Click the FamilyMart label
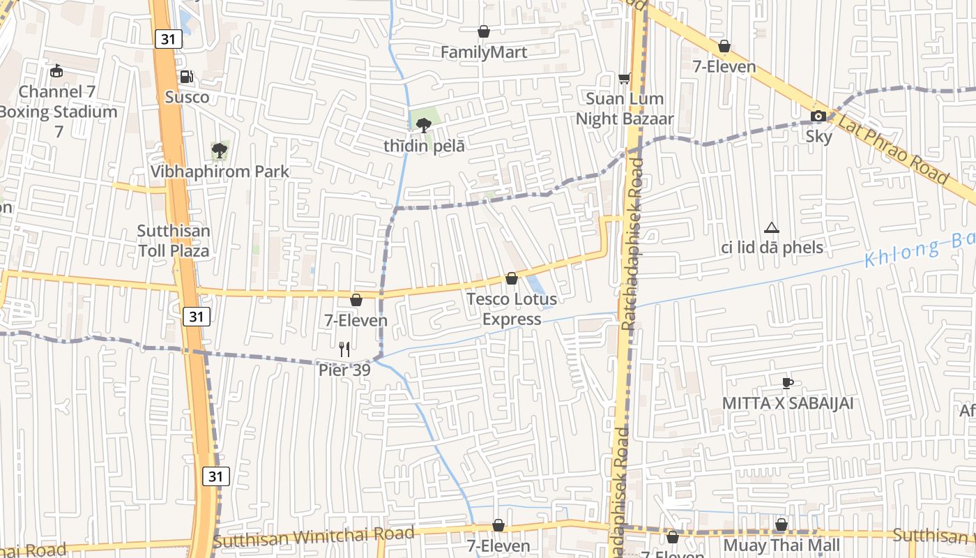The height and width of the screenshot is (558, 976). click(x=483, y=52)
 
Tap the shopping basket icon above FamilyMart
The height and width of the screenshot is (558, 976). click(x=483, y=31)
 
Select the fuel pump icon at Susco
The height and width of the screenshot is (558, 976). click(x=186, y=77)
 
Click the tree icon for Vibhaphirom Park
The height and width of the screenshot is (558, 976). click(x=220, y=149)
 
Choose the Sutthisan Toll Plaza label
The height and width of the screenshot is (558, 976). click(x=174, y=241)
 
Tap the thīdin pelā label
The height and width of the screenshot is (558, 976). click(x=424, y=146)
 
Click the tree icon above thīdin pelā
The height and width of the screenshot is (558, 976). click(x=422, y=126)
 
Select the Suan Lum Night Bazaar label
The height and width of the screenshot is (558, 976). click(x=625, y=109)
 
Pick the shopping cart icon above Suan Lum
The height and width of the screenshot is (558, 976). click(x=624, y=78)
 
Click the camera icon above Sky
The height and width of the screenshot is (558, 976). click(x=818, y=116)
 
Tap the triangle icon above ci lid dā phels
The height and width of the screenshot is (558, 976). click(x=771, y=227)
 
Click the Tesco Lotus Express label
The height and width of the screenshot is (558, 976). click(x=512, y=309)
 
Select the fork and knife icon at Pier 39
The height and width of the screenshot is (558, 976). click(x=344, y=349)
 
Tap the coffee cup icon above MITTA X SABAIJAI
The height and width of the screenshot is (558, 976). click(x=787, y=382)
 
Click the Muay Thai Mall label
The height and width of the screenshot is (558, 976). click(x=781, y=545)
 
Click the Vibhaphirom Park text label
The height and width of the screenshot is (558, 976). click(x=220, y=172)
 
